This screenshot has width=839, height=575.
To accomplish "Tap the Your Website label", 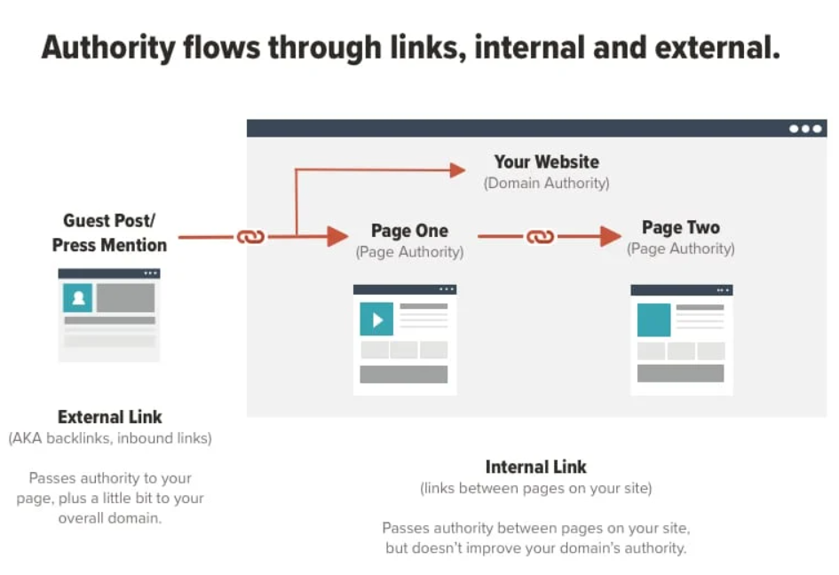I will pyautogui.click(x=546, y=161).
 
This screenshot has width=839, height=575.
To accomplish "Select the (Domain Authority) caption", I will pyautogui.click(x=546, y=183).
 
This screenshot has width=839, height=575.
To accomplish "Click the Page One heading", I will pyautogui.click(x=409, y=231).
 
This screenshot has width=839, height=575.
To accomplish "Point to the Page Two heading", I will pyautogui.click(x=681, y=227).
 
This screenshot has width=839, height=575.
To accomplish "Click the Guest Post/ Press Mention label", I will pyautogui.click(x=109, y=232).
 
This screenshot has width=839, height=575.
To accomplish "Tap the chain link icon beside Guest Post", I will pyautogui.click(x=249, y=237).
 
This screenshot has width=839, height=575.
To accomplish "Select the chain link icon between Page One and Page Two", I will pyautogui.click(x=540, y=237).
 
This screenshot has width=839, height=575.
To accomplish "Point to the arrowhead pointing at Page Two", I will pyautogui.click(x=610, y=237).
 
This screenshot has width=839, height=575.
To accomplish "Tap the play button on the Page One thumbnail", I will pyautogui.click(x=376, y=319).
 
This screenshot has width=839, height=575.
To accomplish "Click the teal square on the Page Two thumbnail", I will pyautogui.click(x=653, y=319).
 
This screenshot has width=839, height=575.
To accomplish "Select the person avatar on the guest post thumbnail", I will pyautogui.click(x=77, y=298).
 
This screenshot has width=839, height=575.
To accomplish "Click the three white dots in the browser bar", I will pyautogui.click(x=805, y=129).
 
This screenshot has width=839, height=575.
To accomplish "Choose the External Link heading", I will pyautogui.click(x=110, y=417).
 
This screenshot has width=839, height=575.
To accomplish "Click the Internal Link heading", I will pyautogui.click(x=535, y=467).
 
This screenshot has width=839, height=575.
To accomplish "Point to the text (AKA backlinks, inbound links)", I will pyautogui.click(x=110, y=438).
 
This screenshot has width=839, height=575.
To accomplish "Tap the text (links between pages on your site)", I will pyautogui.click(x=535, y=488).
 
